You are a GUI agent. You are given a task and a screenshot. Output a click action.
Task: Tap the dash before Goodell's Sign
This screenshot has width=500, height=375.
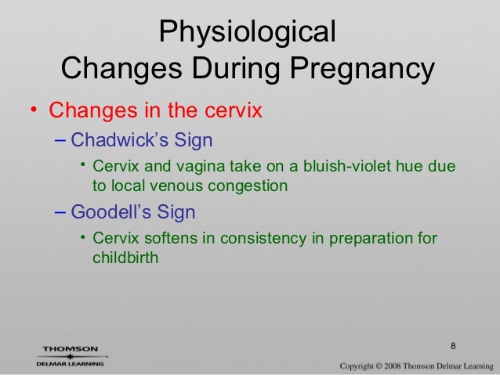(x=62, y=212)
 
